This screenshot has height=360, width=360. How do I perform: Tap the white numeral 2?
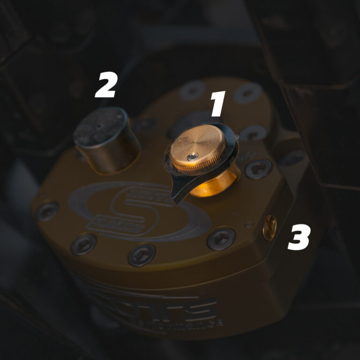point(106,86)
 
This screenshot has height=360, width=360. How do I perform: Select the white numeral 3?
point(299,238)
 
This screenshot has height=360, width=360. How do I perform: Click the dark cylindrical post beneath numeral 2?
point(107,141)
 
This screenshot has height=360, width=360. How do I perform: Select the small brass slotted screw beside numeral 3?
point(270,227)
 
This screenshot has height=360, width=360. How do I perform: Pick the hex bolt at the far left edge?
point(47,211)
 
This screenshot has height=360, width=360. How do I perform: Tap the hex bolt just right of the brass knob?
point(259,168)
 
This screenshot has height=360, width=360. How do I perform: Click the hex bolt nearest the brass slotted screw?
point(221,238)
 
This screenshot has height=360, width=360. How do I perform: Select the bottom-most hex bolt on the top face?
point(142,255)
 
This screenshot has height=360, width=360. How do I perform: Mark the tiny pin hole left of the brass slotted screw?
point(249,225)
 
